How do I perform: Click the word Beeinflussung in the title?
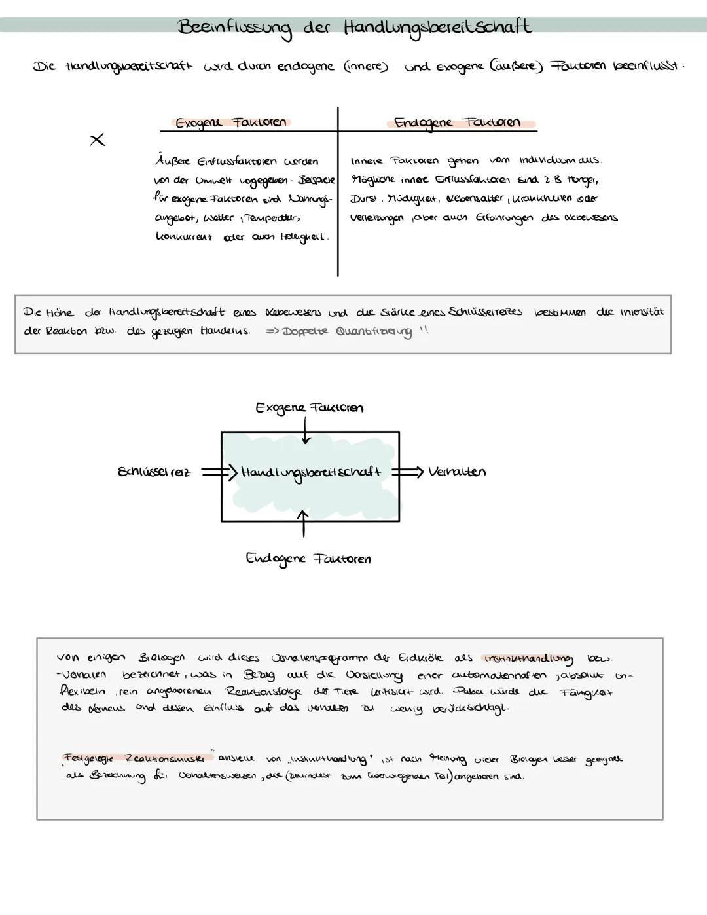click(x=234, y=28)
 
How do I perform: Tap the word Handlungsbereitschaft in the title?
click(x=437, y=28)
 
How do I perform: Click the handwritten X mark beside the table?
click(x=97, y=140)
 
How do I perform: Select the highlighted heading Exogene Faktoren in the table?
click(x=230, y=122)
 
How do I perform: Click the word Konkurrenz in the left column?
click(x=184, y=237)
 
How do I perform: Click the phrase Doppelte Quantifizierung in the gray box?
click(x=347, y=331)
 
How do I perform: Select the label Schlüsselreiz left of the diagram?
click(x=154, y=472)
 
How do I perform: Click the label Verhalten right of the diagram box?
click(x=456, y=472)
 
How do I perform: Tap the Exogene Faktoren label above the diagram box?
click(x=309, y=408)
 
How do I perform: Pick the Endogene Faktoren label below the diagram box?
click(x=308, y=559)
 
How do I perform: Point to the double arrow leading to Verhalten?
click(x=407, y=472)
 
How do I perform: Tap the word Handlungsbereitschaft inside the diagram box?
click(x=310, y=472)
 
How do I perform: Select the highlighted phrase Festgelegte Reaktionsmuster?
click(x=137, y=758)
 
